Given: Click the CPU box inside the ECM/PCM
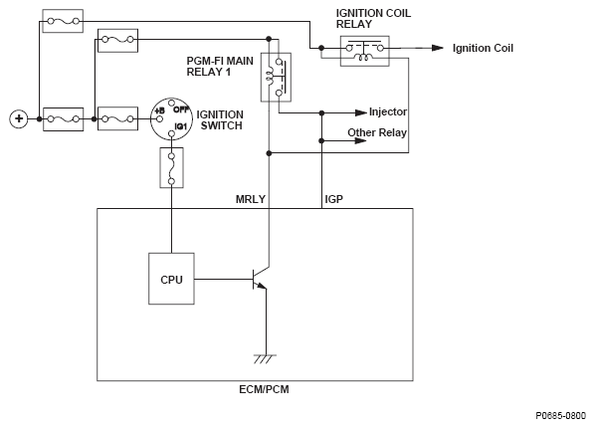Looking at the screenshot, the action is [171, 279].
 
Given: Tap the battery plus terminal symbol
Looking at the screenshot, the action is [19, 118].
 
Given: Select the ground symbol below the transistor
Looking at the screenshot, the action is [265, 359].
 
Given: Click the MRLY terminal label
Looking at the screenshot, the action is [251, 199].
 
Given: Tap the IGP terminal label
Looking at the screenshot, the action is [334, 199].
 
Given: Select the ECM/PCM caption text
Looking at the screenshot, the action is [264, 389].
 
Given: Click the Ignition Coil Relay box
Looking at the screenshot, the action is [365, 52].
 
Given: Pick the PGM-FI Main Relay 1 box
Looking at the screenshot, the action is [276, 77].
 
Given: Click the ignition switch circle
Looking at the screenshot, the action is [170, 118].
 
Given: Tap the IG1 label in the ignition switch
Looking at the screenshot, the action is [181, 126].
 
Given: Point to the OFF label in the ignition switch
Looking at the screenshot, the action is [181, 109].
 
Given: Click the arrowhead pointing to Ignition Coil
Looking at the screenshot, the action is [438, 48].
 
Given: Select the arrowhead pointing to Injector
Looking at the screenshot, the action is [361, 112].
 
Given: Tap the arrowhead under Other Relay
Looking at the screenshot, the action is [361, 141].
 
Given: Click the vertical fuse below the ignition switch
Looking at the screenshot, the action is [171, 168].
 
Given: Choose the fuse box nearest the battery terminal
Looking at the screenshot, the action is [64, 119].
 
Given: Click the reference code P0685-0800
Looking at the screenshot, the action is [561, 416].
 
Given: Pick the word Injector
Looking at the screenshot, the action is [388, 112].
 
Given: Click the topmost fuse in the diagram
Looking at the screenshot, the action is [63, 21].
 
